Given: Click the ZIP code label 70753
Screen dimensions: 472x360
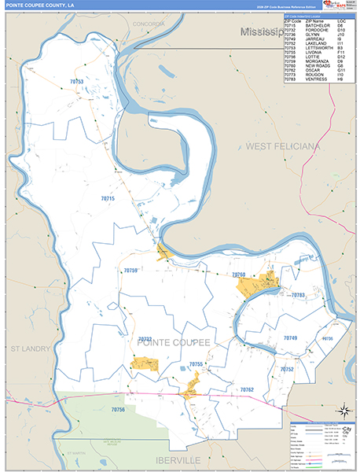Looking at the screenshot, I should click(x=77, y=81).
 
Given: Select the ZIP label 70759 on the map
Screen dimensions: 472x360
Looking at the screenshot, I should click(x=130, y=271).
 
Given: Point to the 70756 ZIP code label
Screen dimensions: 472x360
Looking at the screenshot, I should click(x=118, y=410).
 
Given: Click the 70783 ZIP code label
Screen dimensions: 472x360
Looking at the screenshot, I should click(x=297, y=295).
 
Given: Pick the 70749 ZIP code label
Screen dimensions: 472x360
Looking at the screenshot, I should click(x=290, y=337).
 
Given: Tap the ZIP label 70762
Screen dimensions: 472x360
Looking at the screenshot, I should click(x=248, y=390).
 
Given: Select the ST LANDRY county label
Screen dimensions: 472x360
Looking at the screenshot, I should click(x=30, y=347).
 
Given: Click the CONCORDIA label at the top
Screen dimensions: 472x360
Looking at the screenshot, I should click(x=149, y=25).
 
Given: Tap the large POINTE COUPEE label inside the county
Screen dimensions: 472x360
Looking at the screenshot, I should click(x=174, y=342).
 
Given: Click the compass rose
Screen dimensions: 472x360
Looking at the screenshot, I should click(x=343, y=410).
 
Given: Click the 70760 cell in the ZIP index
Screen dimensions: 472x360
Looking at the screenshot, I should click(x=291, y=66).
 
